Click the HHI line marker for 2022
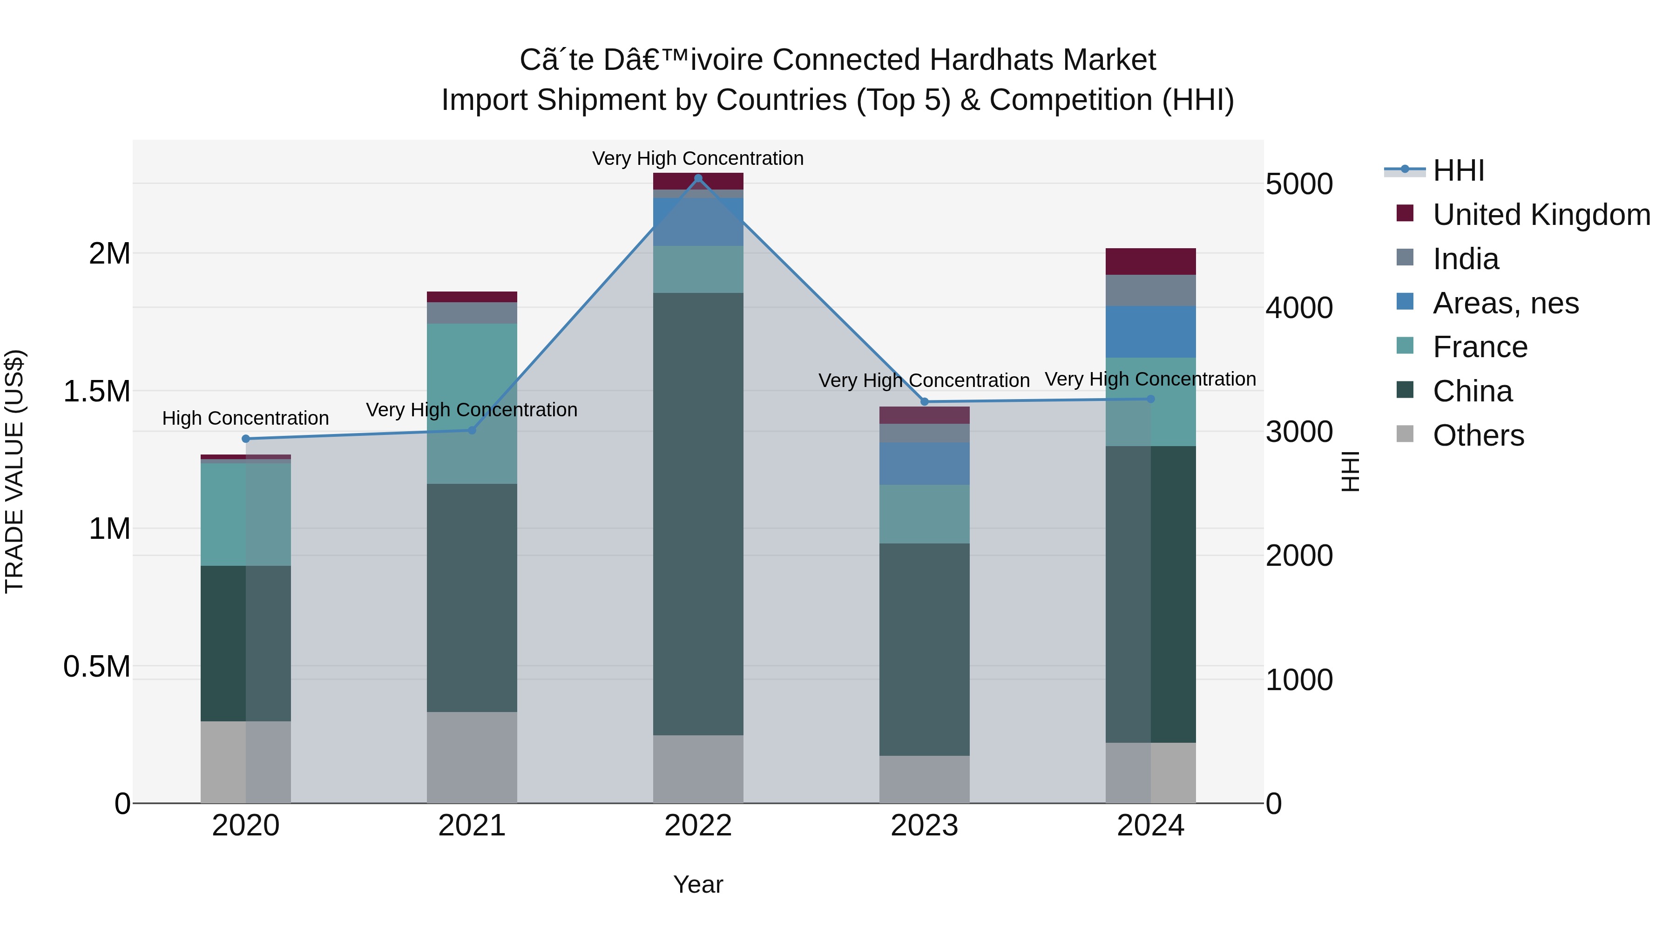(698, 178)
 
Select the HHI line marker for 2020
(245, 439)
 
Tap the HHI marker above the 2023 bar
(925, 401)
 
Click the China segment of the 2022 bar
(698, 514)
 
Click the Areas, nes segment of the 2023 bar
(925, 463)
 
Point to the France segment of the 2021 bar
(472, 403)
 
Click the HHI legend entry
(1458, 170)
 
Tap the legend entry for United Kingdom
(1541, 215)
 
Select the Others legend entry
(1478, 435)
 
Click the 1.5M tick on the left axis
(96, 391)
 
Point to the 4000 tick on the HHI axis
(1298, 308)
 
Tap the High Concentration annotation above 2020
(245, 418)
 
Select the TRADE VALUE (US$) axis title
(14, 471)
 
